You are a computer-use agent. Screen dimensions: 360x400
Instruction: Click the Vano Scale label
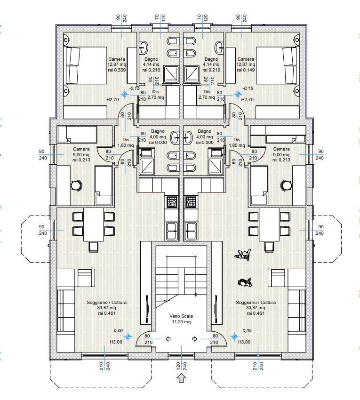click(x=181, y=316)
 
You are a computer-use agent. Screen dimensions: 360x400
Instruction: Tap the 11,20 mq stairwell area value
click(x=181, y=322)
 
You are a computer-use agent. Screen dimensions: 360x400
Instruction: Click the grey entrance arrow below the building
click(x=181, y=378)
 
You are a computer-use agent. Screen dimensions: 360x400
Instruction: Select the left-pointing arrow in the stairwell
click(x=168, y=339)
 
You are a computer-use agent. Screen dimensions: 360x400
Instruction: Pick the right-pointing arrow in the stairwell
click(x=195, y=339)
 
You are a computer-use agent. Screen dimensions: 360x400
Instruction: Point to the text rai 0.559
click(x=117, y=70)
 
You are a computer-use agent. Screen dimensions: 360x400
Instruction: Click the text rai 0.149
click(x=246, y=70)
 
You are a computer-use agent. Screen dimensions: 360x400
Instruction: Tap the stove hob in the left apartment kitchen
click(x=172, y=202)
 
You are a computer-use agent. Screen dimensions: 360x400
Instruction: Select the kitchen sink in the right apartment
click(x=191, y=231)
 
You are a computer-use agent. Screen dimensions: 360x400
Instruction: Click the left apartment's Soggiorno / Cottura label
click(x=107, y=303)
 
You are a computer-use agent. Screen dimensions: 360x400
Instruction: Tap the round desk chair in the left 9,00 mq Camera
click(x=76, y=185)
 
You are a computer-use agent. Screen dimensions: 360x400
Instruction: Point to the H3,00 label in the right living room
click(x=244, y=342)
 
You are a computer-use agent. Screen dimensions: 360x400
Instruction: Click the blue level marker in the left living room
click(x=128, y=337)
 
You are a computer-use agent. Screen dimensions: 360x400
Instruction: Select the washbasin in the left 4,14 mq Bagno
click(x=144, y=47)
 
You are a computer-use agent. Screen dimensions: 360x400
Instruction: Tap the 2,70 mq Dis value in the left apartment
click(x=155, y=97)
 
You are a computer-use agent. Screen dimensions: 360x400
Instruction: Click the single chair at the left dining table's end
click(x=93, y=247)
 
